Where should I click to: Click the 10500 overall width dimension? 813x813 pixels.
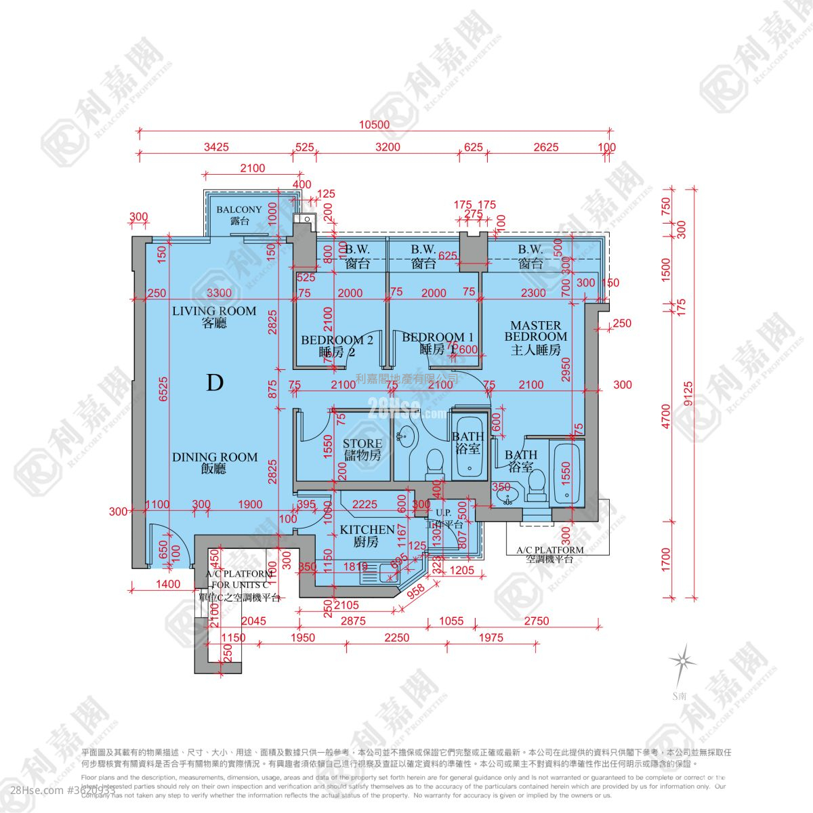(375, 124)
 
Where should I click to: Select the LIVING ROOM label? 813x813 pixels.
(214, 316)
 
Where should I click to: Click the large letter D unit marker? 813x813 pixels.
(214, 383)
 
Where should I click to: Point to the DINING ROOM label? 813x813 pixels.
(214, 462)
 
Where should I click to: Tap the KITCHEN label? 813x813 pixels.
(367, 535)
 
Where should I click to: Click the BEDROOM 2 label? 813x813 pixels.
(337, 346)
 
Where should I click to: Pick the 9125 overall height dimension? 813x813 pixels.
(689, 394)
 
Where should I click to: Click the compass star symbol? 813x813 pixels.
(682, 660)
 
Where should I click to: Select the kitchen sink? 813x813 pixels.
(388, 573)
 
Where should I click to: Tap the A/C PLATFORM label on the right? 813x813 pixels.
(549, 554)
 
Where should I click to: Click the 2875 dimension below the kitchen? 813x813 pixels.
(353, 621)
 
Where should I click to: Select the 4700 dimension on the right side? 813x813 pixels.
(665, 416)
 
